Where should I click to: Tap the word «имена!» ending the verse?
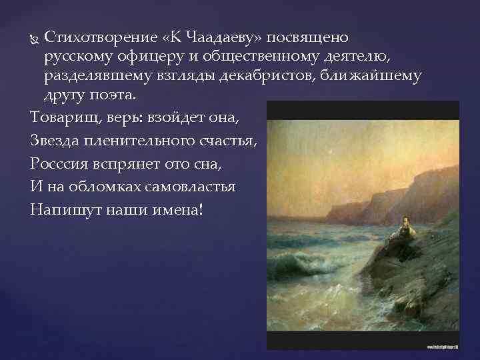[183, 209]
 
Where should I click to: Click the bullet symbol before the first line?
[35, 36]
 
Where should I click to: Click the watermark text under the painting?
[433, 347]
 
